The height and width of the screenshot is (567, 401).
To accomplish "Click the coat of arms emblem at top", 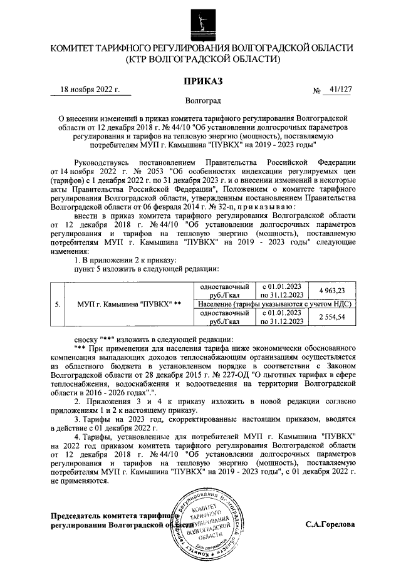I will click(201, 19).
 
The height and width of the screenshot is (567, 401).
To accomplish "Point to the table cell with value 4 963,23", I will click(331, 290).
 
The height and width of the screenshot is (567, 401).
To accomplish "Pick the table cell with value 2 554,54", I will click(331, 318).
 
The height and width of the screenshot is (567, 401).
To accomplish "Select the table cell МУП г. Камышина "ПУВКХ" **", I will click(128, 304).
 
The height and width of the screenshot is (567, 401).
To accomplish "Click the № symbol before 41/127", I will click(316, 91).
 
